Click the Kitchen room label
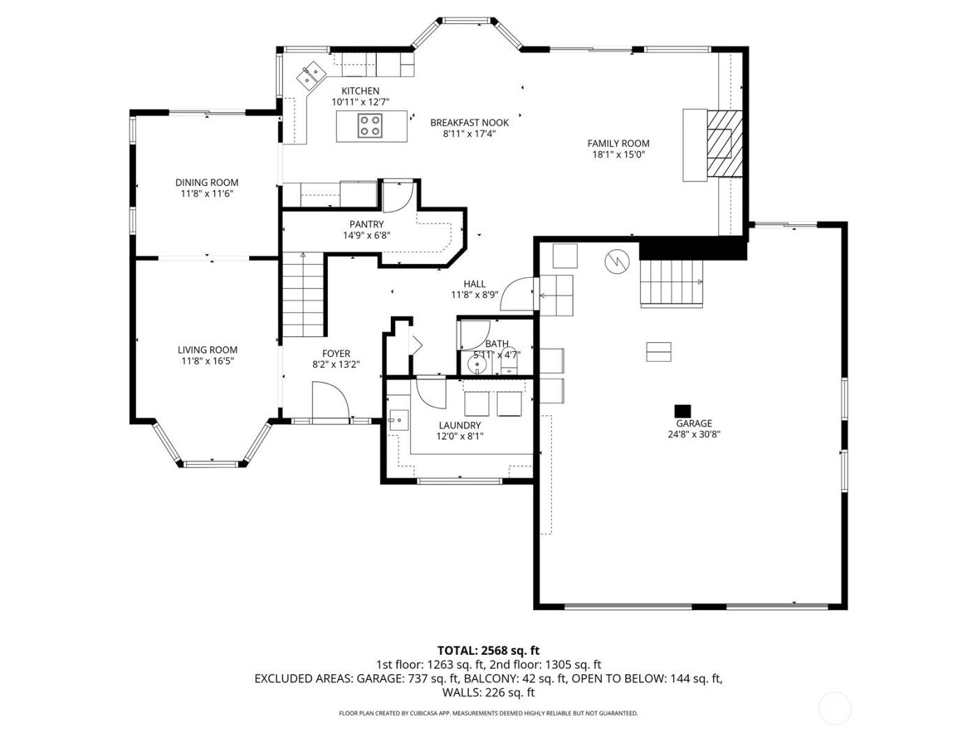point(360,91)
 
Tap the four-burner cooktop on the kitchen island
point(370,126)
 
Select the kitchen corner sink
point(311,75)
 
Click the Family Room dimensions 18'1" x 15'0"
point(618,155)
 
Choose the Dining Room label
point(207,182)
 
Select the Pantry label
point(366,224)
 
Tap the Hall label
point(475,283)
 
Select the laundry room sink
point(398,420)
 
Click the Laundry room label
point(459,425)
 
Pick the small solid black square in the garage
point(682,410)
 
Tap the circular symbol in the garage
point(617,261)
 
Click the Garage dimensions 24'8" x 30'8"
point(694,434)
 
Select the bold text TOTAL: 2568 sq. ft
point(488,651)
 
